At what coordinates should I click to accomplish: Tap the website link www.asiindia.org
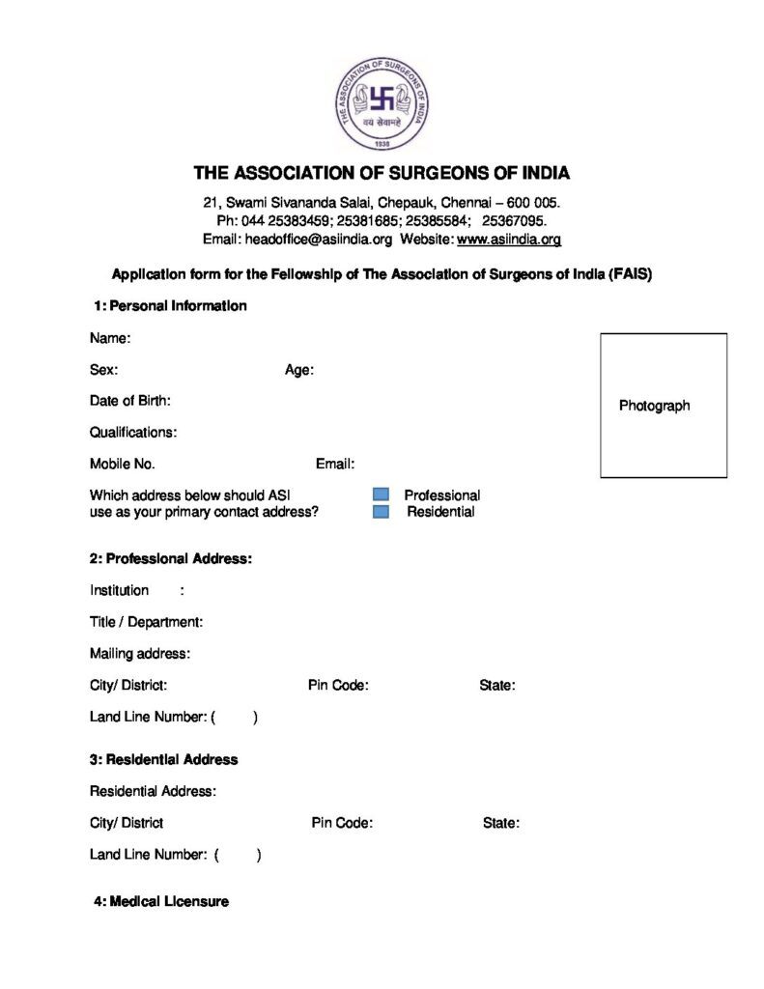pyautogui.click(x=508, y=239)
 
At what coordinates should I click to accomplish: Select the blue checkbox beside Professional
pyautogui.click(x=381, y=495)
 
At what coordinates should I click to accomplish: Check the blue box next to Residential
pyautogui.click(x=381, y=511)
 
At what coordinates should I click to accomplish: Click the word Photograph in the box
pyautogui.click(x=654, y=406)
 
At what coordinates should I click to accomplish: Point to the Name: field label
pyautogui.click(x=110, y=338)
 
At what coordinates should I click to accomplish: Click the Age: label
pyautogui.click(x=298, y=370)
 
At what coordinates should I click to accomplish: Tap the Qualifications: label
pyautogui.click(x=133, y=432)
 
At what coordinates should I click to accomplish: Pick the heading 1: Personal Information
pyautogui.click(x=170, y=306)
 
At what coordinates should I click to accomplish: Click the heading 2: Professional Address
pyautogui.click(x=171, y=558)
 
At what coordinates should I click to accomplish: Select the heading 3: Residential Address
pyautogui.click(x=164, y=759)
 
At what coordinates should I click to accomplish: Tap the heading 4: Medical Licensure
pyautogui.click(x=161, y=901)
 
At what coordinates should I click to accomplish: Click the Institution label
pyautogui.click(x=120, y=590)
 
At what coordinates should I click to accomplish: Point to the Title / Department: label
pyautogui.click(x=146, y=622)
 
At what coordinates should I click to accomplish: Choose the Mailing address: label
pyautogui.click(x=140, y=654)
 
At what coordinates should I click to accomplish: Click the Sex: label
pyautogui.click(x=104, y=370)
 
